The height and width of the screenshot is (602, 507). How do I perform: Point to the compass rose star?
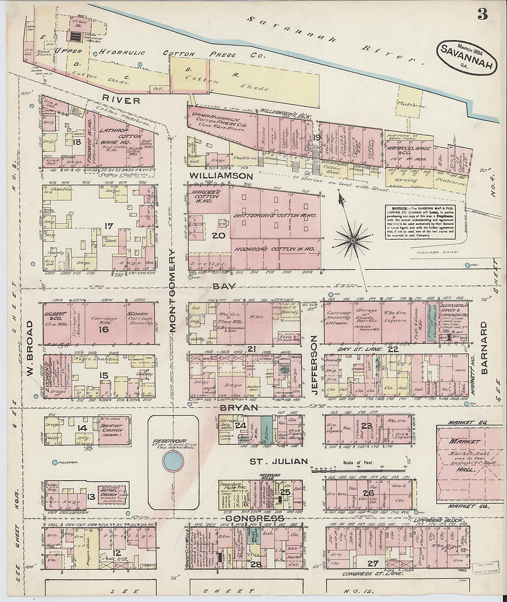353,239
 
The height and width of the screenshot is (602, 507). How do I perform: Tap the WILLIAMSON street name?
220,177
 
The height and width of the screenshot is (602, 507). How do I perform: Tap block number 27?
371,563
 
